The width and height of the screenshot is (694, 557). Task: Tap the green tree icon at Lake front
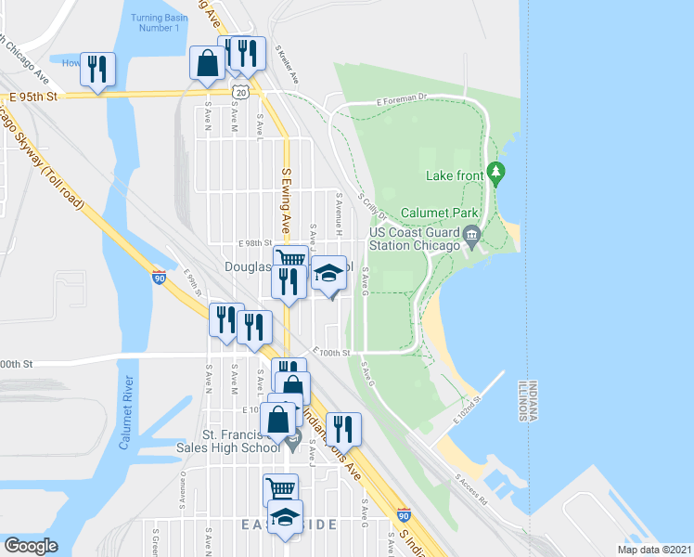[x=496, y=173]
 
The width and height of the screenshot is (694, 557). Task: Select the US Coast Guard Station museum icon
[x=471, y=234]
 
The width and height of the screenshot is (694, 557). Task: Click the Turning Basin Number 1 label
[x=156, y=22]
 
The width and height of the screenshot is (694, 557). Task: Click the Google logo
[x=31, y=546]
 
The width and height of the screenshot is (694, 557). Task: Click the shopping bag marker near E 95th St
[x=207, y=64]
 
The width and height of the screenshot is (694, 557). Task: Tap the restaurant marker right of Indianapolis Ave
[x=344, y=430]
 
